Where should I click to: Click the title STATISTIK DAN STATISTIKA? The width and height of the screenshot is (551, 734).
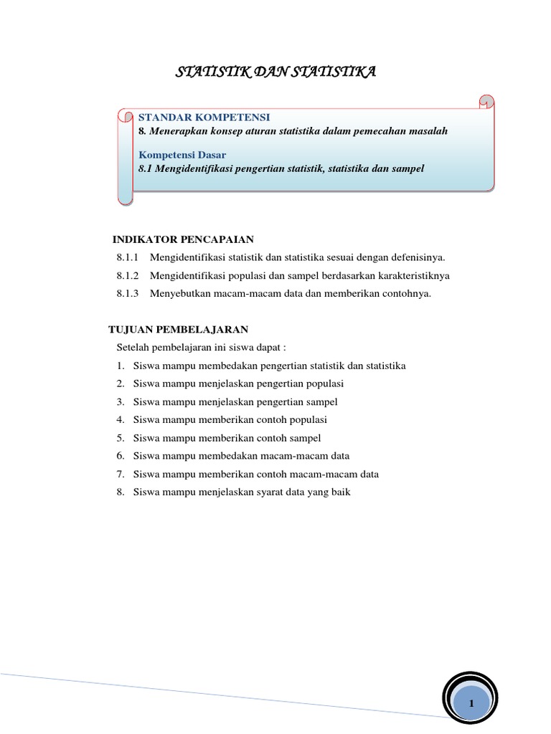(x=275, y=72)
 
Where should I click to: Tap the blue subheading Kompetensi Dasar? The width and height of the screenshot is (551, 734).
(x=182, y=154)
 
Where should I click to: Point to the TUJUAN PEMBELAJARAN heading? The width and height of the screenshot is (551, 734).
(x=178, y=329)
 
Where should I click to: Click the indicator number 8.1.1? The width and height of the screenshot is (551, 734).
(x=129, y=257)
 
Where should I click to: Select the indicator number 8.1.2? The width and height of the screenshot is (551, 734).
(x=129, y=275)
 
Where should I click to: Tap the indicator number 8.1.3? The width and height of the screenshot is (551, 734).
(x=129, y=293)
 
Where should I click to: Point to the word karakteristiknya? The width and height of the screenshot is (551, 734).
(x=418, y=275)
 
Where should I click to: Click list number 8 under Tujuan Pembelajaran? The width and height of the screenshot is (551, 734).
(x=121, y=492)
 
